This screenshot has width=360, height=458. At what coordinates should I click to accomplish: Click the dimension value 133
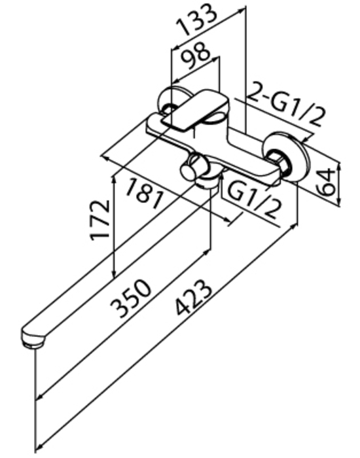(x=198, y=19)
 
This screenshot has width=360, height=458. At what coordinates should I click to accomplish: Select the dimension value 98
(x=195, y=56)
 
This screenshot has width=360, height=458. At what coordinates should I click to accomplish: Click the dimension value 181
(x=144, y=194)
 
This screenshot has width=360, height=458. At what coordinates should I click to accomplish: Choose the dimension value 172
(x=100, y=220)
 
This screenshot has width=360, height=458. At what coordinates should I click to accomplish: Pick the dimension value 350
(x=131, y=298)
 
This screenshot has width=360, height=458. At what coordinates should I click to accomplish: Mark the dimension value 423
(x=193, y=297)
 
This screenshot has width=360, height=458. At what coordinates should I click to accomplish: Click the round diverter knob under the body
(x=189, y=171)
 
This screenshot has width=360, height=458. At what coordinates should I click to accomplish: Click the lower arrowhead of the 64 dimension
(x=338, y=201)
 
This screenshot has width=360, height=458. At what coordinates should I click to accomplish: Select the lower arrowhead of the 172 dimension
(x=115, y=273)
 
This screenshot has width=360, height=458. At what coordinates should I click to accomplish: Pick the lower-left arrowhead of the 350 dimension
(x=39, y=396)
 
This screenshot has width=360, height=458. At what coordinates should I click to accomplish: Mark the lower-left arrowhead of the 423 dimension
(x=39, y=448)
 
